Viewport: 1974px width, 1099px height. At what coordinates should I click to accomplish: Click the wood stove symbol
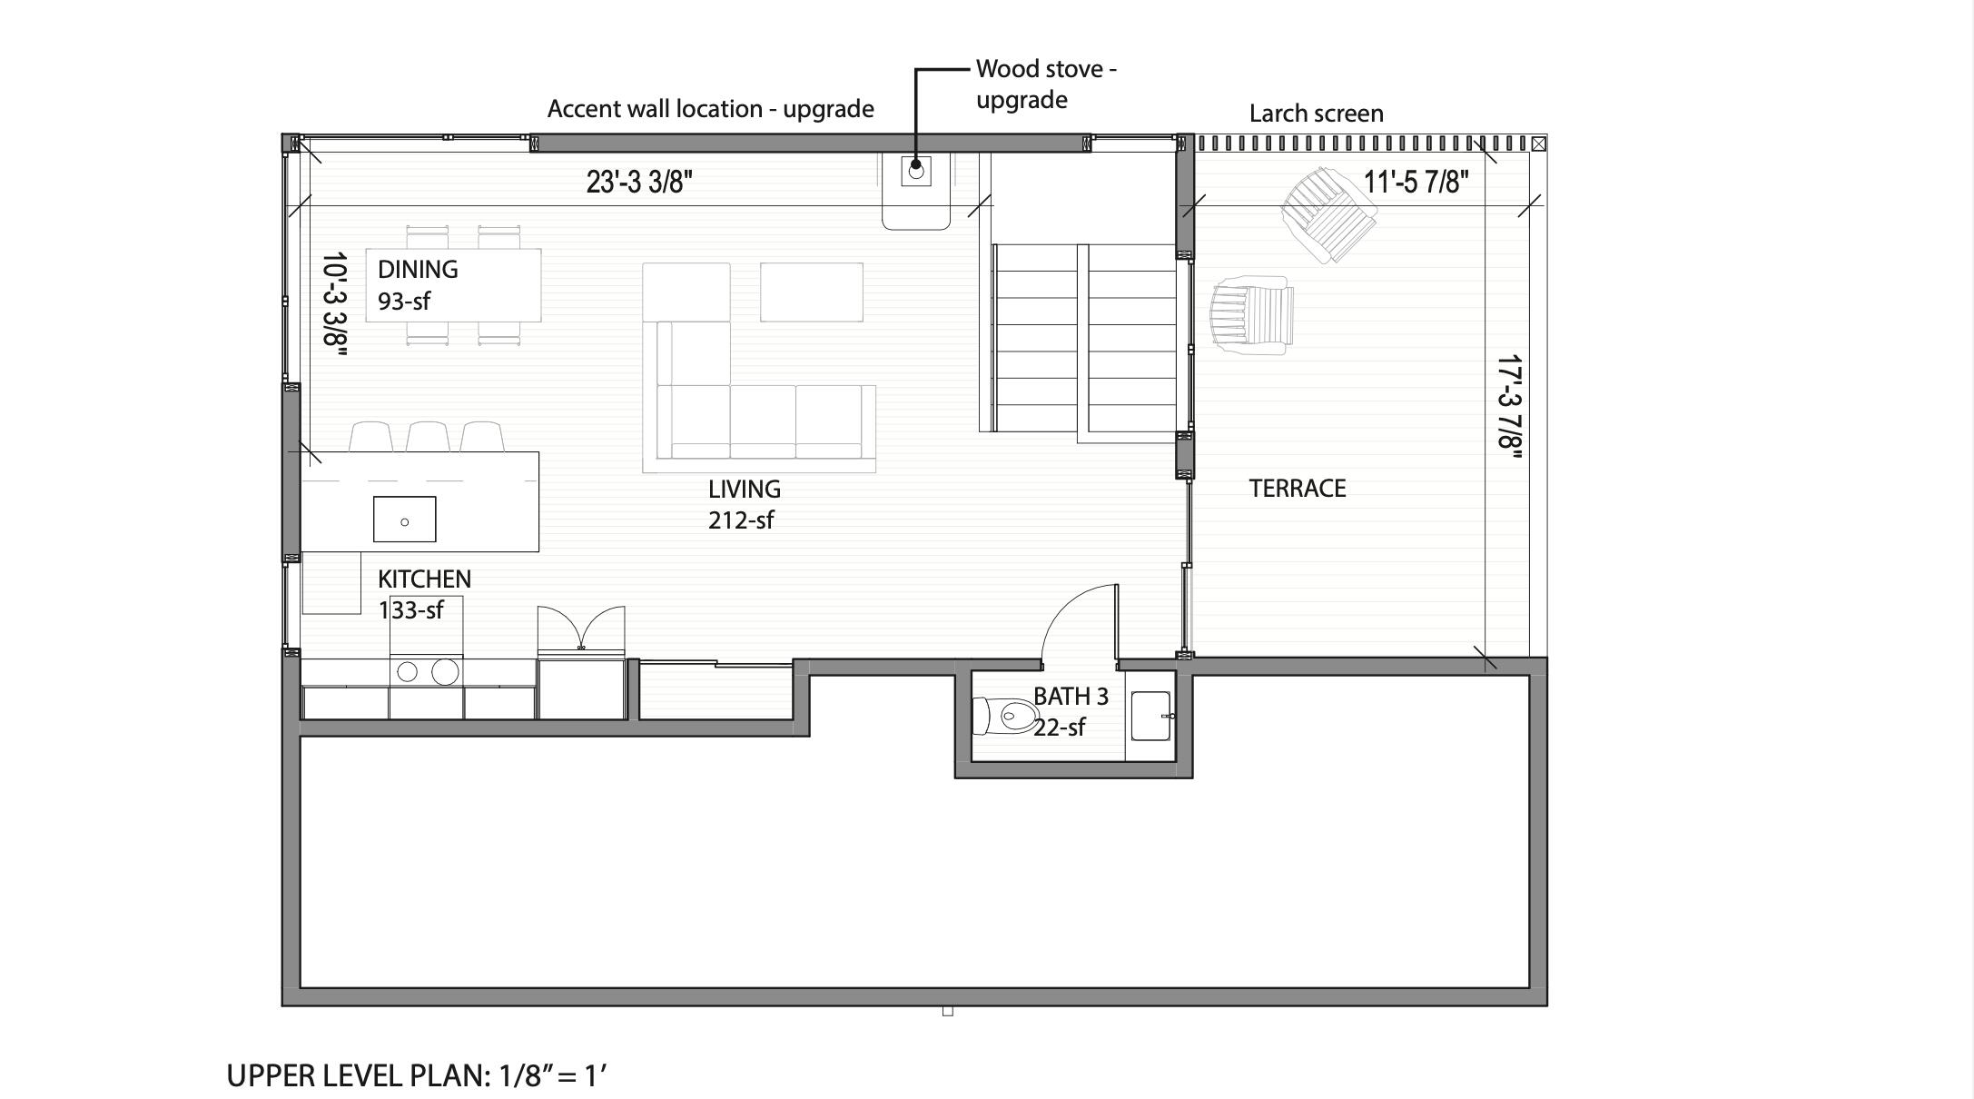915,170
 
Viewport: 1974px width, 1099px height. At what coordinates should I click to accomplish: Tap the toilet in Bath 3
1006,716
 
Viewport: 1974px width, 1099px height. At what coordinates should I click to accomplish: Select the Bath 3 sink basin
1150,716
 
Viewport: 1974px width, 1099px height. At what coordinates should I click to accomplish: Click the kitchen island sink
404,520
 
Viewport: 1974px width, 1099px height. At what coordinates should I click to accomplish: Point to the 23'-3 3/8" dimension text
638,182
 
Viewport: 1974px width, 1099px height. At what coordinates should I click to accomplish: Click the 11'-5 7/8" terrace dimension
1416,182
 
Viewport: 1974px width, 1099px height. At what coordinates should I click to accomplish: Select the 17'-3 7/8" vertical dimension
1508,401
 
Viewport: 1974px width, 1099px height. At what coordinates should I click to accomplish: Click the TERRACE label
1297,489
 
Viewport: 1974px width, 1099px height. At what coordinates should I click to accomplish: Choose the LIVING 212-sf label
744,504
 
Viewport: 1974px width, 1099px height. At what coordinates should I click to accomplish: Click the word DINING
418,270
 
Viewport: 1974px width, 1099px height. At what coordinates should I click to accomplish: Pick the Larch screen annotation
1316,114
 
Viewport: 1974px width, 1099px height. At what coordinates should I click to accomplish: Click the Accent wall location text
710,109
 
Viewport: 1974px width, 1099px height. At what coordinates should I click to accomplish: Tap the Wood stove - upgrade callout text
1045,84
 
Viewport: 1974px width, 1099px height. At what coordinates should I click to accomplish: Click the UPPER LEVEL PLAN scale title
416,1076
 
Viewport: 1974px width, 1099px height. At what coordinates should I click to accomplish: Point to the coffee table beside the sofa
811,292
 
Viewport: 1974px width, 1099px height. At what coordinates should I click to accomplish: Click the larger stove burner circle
445,672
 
